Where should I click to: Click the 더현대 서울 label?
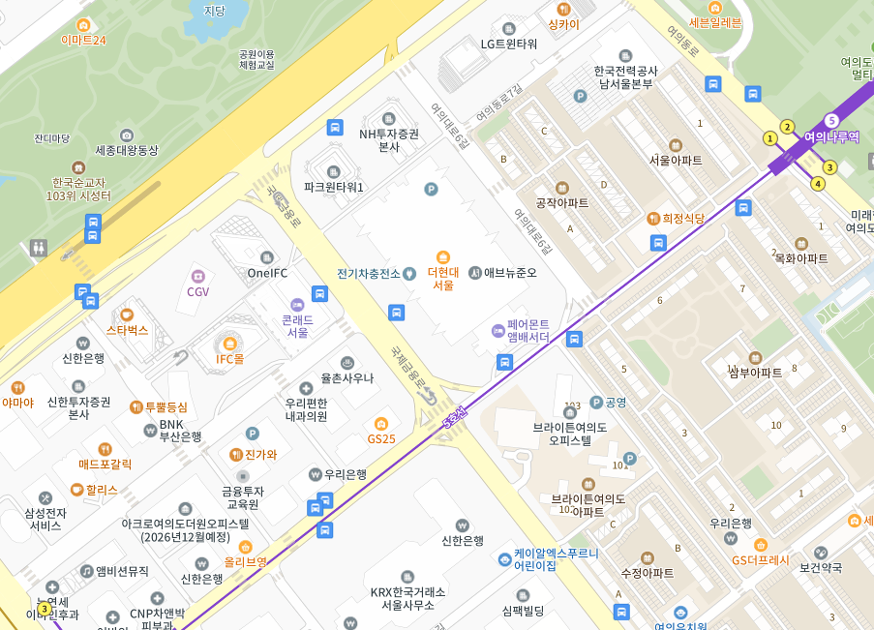pos(442,279)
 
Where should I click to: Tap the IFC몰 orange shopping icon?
pos(230,343)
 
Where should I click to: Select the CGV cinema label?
pos(198,291)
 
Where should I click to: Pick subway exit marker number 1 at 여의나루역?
pos(770,138)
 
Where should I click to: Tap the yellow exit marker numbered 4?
pos(817,183)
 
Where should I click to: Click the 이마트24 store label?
pos(83,40)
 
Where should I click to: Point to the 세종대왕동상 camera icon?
pos(127,135)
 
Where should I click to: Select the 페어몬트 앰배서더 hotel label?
pos(528,331)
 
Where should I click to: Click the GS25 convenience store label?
pos(381,438)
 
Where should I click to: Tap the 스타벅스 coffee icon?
pos(126,315)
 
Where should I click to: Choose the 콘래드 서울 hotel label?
pos(297,325)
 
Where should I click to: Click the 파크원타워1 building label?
pos(334,187)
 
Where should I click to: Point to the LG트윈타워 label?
pos(509,44)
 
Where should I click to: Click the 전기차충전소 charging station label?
pos(369,273)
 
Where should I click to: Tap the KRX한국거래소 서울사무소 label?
pos(407,598)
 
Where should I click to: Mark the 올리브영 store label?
pos(245,561)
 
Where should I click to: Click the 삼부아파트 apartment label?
pos(755,373)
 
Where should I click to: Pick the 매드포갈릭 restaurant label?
pos(105,464)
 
